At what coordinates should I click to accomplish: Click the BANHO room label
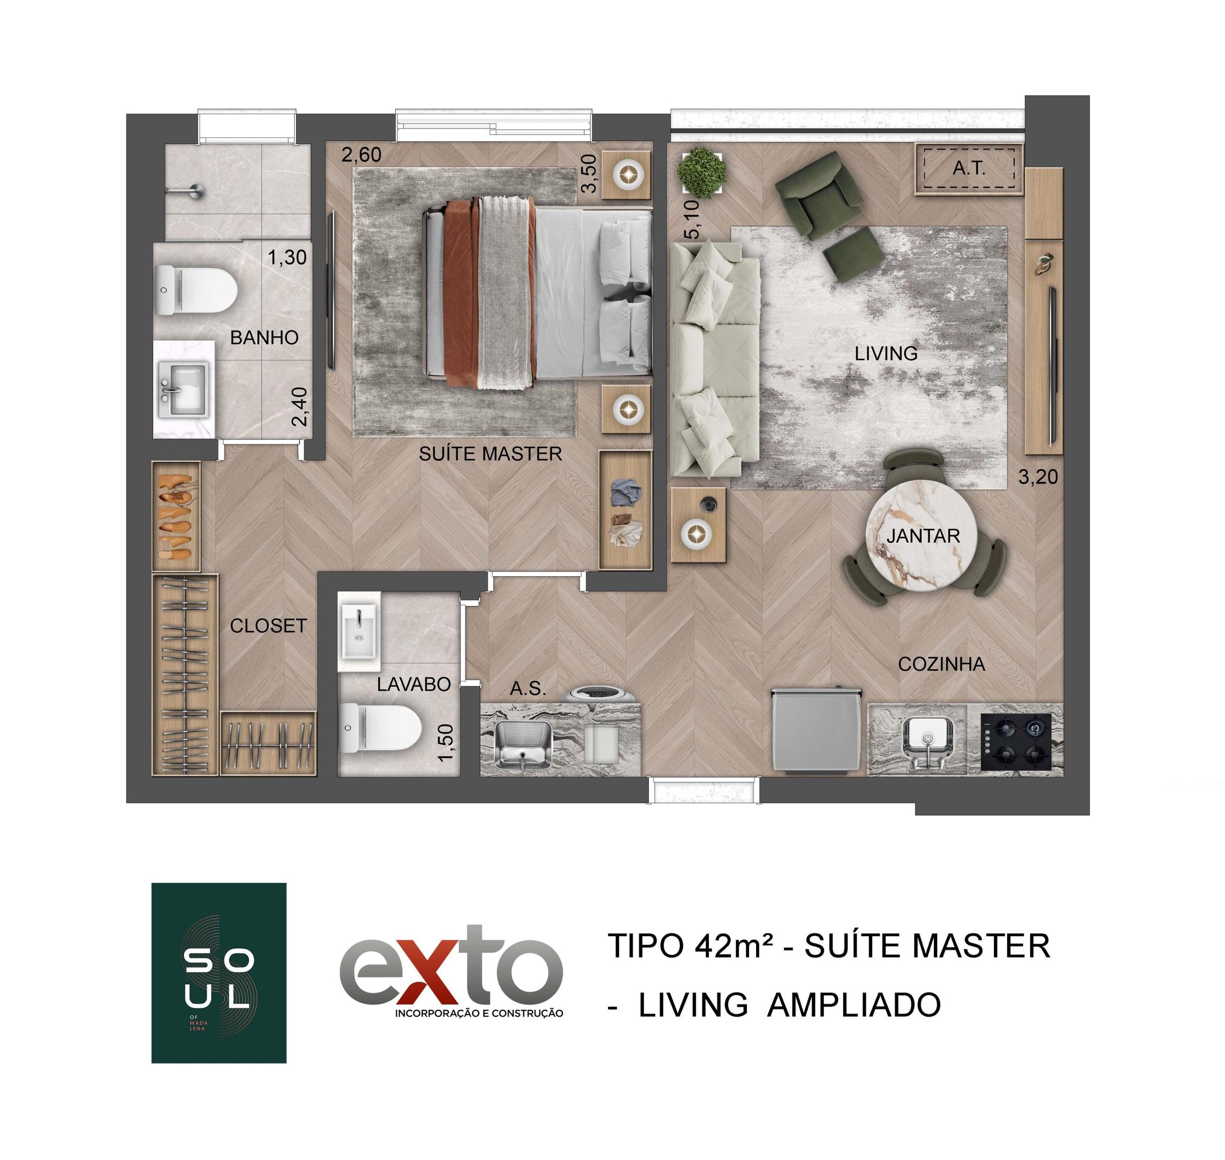click(x=264, y=338)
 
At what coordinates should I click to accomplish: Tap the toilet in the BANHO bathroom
click(x=197, y=290)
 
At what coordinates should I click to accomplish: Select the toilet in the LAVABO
click(x=380, y=728)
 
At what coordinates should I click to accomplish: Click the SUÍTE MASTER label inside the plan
click(x=490, y=454)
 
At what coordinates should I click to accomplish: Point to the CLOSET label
click(x=268, y=626)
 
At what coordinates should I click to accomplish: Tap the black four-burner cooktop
click(x=1016, y=742)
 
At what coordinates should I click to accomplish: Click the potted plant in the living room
click(x=701, y=171)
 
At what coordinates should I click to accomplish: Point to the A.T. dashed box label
click(x=968, y=168)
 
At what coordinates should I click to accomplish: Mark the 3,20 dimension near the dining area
click(x=1038, y=477)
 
